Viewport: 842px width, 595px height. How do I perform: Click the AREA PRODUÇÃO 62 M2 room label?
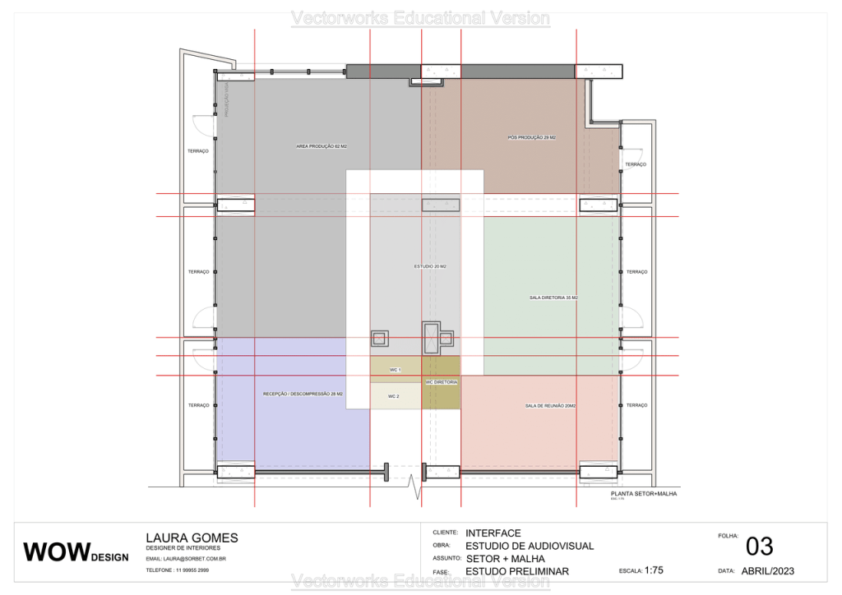[x=322, y=146]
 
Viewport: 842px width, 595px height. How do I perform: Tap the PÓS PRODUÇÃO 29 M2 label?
[x=532, y=137]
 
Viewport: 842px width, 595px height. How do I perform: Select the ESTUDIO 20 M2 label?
[x=430, y=266]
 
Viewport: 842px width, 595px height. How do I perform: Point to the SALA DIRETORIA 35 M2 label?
[x=553, y=297]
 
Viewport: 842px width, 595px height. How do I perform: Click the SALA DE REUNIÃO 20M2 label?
[x=551, y=406]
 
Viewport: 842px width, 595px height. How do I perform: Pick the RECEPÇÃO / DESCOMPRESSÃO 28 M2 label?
[x=303, y=394]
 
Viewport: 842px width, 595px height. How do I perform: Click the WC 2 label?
[x=393, y=396]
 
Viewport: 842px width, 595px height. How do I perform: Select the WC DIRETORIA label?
[x=442, y=382]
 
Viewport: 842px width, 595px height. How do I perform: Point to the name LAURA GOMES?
[x=192, y=538]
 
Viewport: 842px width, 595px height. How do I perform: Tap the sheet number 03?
[x=759, y=547]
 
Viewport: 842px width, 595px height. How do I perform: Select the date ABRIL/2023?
[x=767, y=570]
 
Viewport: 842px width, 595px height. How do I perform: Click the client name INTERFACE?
[x=493, y=533]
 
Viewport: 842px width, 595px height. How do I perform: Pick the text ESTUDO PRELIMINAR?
[x=516, y=571]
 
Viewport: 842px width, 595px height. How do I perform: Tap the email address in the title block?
[x=186, y=559]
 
